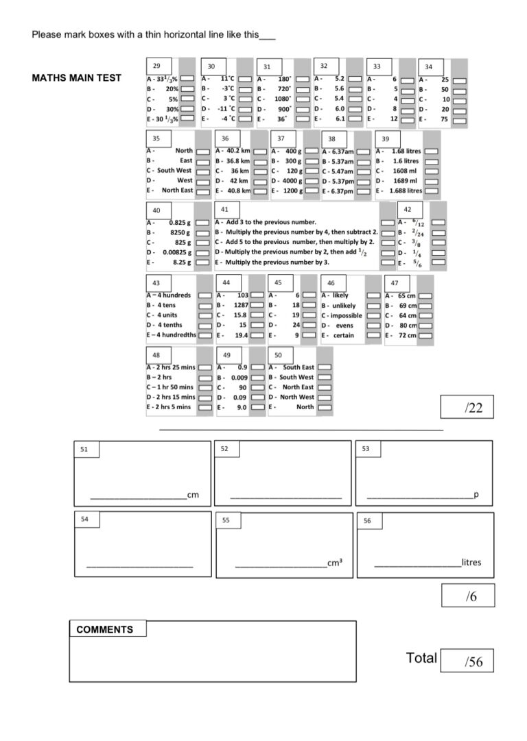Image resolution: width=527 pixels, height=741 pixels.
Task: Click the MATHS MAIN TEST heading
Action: pos(76,78)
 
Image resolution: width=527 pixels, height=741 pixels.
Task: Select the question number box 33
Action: pos(377,66)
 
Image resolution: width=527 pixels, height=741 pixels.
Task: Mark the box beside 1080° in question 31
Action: pos(301,99)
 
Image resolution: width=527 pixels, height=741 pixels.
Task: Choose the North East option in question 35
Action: pos(203,191)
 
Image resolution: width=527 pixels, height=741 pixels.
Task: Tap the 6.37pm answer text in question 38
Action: pos(338,191)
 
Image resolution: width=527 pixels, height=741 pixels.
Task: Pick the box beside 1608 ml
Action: pos(431,171)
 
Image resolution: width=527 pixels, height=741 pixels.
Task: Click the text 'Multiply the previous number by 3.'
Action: pos(278,263)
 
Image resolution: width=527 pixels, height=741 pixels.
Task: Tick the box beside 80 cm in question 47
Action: pos(425,326)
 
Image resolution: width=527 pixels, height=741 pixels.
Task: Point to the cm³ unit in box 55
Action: pos(335,563)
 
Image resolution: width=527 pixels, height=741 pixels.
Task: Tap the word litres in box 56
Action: pos(471,563)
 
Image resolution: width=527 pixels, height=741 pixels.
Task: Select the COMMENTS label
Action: pos(105,629)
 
